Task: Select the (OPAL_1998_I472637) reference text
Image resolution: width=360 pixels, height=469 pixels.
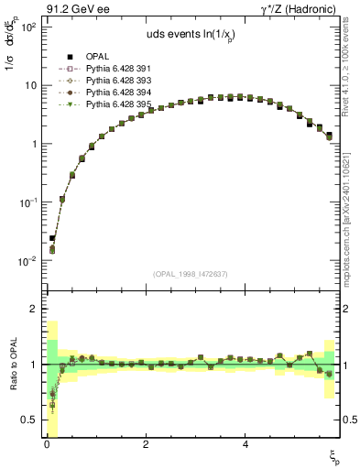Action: coord(190,274)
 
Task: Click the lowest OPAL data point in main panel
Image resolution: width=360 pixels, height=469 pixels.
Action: coord(52,238)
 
